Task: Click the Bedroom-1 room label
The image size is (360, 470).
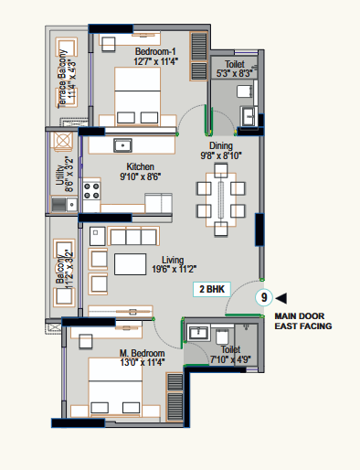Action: click(x=155, y=51)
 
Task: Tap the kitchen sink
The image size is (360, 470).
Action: click(x=122, y=145)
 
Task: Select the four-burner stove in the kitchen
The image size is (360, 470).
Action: click(x=91, y=191)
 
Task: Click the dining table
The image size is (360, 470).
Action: click(x=221, y=199)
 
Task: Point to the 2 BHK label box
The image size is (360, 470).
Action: click(x=212, y=289)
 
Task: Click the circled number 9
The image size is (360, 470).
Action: click(x=264, y=297)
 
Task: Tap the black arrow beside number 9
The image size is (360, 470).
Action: click(x=281, y=298)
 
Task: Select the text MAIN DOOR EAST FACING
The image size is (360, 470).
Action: click(x=303, y=321)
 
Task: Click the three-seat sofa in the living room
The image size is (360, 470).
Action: click(x=133, y=236)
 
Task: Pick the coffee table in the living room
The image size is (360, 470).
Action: click(x=130, y=264)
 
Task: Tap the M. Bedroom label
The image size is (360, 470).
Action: click(x=143, y=353)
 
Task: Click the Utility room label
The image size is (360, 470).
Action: click(x=59, y=175)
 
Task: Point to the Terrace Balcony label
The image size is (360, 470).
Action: click(x=62, y=79)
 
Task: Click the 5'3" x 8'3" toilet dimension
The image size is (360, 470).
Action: click(x=234, y=73)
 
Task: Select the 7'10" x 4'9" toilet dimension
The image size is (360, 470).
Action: click(x=230, y=359)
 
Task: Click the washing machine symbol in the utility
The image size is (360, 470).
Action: click(x=63, y=141)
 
